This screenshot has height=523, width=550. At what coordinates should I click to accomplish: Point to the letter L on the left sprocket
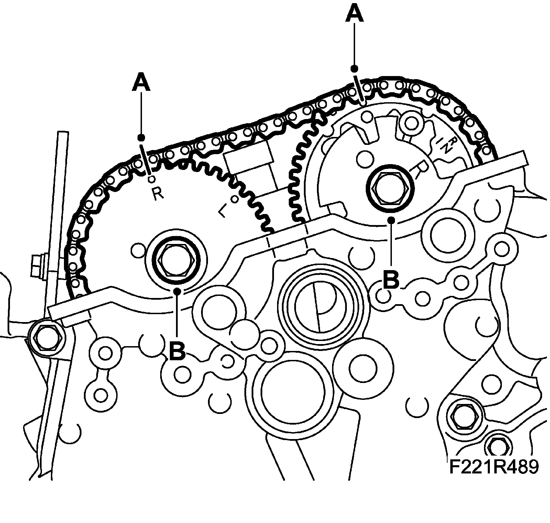click(x=223, y=211)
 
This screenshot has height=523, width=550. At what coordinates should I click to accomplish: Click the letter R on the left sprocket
click(x=158, y=194)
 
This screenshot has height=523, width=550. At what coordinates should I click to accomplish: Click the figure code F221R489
click(x=493, y=467)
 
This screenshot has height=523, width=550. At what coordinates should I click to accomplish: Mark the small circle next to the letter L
click(x=235, y=199)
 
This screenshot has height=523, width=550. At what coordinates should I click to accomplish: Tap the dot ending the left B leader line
click(x=177, y=291)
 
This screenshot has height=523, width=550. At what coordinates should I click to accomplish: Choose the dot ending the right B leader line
click(x=391, y=220)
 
